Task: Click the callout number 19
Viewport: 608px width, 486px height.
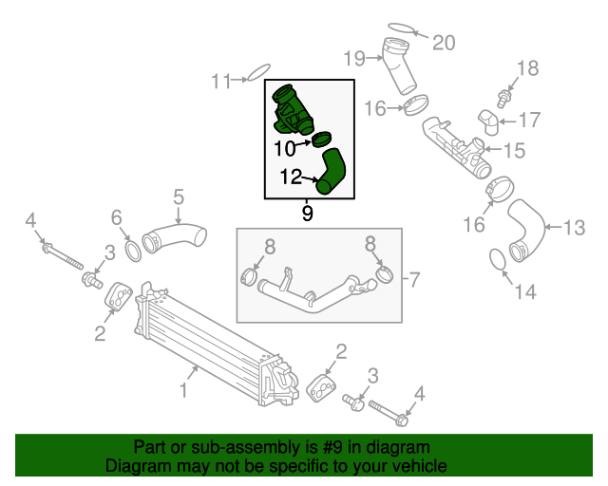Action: coord(354,59)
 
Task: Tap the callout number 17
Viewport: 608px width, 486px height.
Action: coord(528,120)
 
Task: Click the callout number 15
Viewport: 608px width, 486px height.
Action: coord(514,150)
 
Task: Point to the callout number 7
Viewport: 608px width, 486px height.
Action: coord(414,279)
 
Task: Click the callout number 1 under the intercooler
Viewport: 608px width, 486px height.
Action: coord(183,390)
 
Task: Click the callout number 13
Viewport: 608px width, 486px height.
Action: coord(576,228)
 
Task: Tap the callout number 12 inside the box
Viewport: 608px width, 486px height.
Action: coord(291,176)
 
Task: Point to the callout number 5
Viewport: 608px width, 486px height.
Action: coord(178,197)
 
